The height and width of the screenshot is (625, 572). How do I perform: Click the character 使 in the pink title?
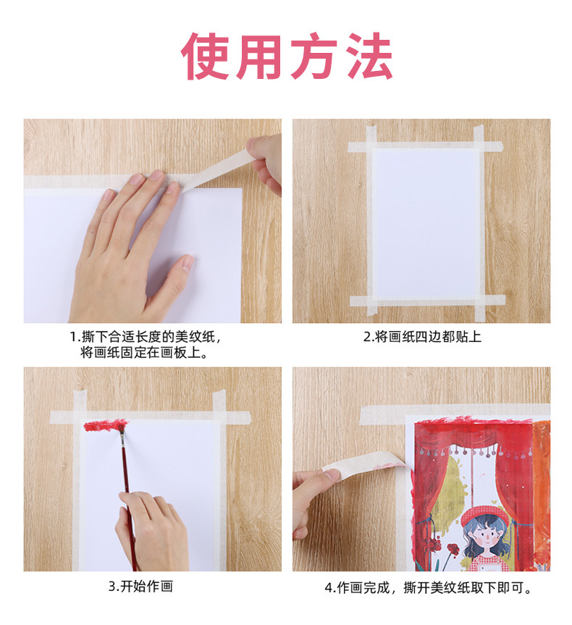[207, 56]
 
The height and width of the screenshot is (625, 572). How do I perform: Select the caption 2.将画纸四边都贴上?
[421, 337]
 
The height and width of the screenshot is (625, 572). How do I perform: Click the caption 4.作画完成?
[428, 588]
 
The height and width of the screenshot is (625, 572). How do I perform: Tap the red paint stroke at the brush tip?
[106, 425]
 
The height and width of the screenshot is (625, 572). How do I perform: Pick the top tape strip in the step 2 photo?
[426, 146]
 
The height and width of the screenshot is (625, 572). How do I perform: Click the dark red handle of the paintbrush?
[126, 478]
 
